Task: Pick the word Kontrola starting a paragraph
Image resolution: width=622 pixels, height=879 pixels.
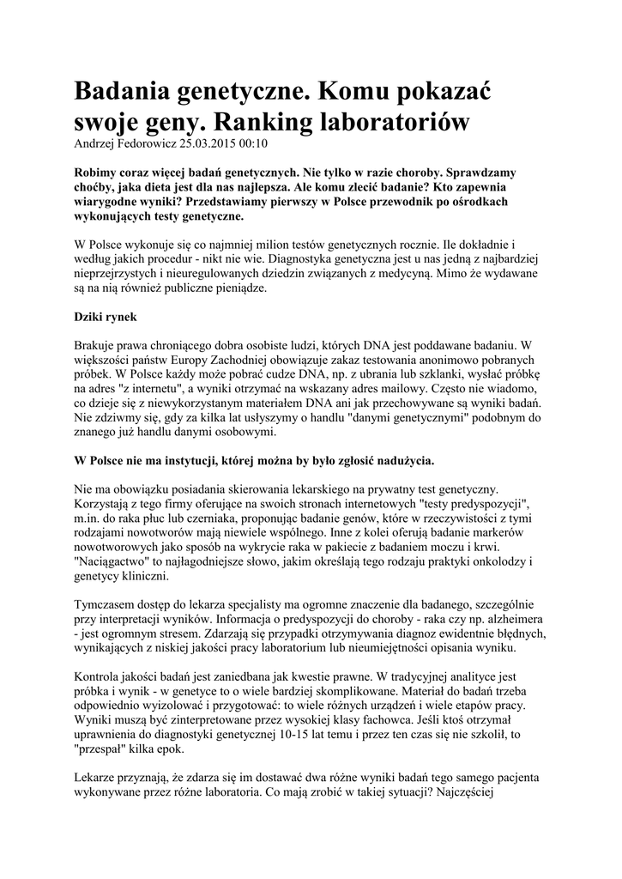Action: click(x=104, y=675)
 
